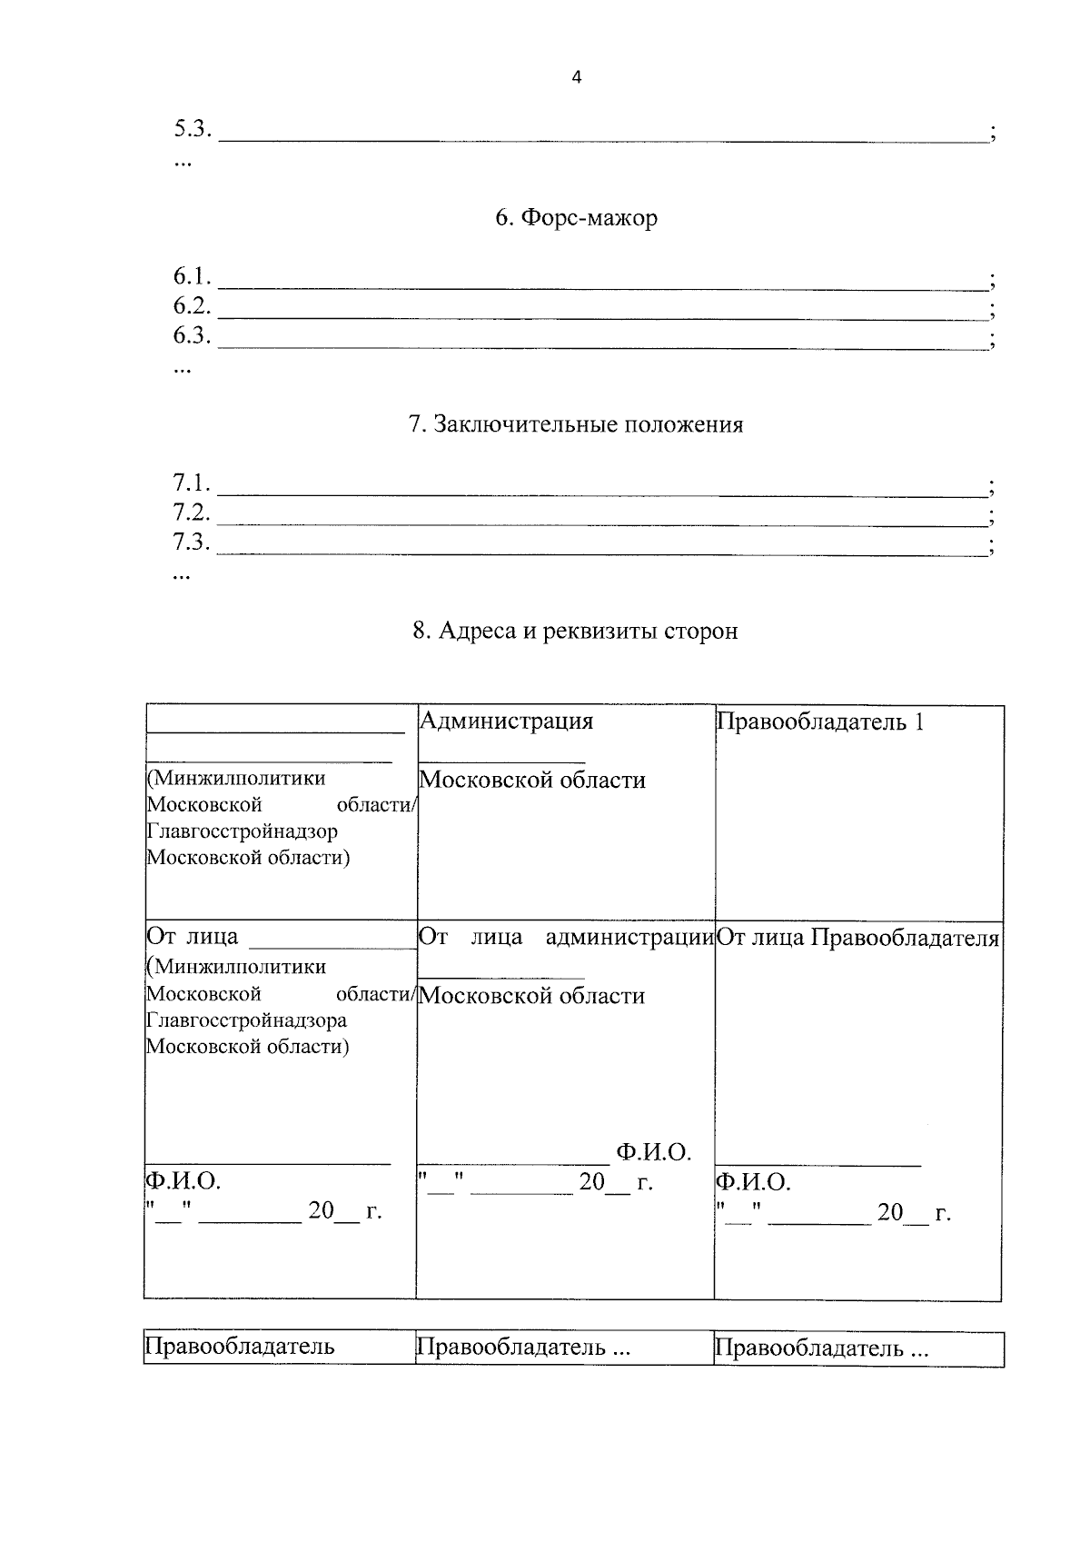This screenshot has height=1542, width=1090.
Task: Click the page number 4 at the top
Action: click(x=576, y=78)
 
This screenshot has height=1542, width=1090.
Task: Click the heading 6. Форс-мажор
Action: click(x=576, y=219)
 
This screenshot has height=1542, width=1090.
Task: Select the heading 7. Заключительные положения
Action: click(x=576, y=425)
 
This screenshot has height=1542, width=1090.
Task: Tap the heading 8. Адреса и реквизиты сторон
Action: click(x=576, y=631)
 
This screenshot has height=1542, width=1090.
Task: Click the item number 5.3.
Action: click(x=192, y=129)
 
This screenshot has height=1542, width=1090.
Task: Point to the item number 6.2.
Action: click(x=192, y=306)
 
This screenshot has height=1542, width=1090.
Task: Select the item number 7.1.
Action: click(x=192, y=482)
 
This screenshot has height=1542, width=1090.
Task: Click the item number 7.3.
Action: click(x=192, y=542)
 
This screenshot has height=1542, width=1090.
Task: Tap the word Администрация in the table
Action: click(x=506, y=721)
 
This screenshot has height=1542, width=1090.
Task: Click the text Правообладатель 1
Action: click(x=820, y=722)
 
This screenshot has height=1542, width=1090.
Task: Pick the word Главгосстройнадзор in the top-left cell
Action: click(x=242, y=831)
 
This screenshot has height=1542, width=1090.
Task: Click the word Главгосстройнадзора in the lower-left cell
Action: click(x=246, y=1020)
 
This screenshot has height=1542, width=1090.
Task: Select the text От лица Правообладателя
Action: click(x=857, y=939)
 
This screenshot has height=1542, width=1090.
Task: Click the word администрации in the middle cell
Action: click(x=629, y=938)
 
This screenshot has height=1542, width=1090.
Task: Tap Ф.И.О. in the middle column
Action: click(x=653, y=1153)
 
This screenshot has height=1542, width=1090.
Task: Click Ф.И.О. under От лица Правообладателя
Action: click(x=753, y=1182)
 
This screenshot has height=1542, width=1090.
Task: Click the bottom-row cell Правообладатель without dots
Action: click(x=240, y=1347)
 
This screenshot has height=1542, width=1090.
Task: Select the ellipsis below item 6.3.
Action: click(x=182, y=368)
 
